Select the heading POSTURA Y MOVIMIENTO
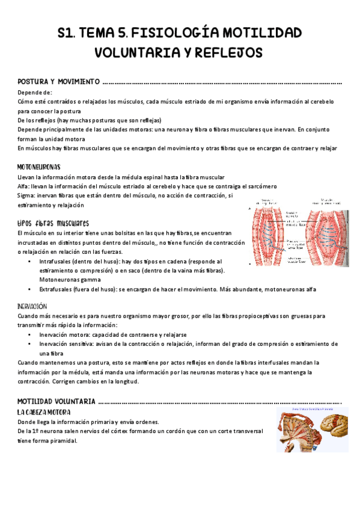[58, 82]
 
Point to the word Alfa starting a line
[24, 186]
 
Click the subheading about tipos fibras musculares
[53, 223]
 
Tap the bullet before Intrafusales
[30, 262]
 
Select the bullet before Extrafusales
[30, 290]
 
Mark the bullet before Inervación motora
[30, 335]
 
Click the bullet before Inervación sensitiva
[30, 345]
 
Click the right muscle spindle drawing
[328, 232]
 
